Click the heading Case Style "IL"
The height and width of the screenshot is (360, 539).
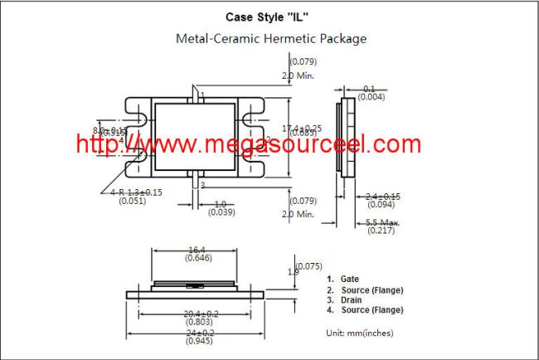[270, 16]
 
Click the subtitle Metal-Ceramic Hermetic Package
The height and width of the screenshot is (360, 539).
[270, 38]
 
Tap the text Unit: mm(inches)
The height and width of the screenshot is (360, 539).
[359, 332]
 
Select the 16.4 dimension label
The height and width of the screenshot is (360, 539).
[197, 249]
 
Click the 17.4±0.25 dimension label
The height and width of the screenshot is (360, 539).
[303, 128]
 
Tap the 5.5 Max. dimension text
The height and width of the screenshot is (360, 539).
[382, 222]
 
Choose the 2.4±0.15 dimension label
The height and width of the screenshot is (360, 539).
[382, 197]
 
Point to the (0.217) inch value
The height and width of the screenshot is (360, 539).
[382, 231]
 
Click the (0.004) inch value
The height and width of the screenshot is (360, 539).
[369, 98]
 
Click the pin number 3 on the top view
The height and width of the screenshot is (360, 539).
[202, 185]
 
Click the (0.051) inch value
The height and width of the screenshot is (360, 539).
[133, 201]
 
